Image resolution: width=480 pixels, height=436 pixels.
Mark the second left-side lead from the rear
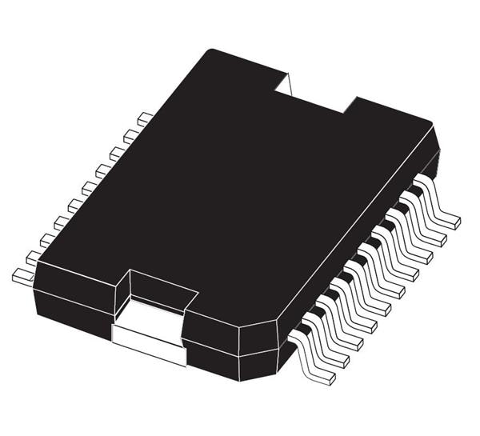tap(130, 135)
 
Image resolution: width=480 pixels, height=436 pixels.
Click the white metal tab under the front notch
tap(149, 336)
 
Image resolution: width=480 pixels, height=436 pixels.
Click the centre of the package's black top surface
tap(232, 192)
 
